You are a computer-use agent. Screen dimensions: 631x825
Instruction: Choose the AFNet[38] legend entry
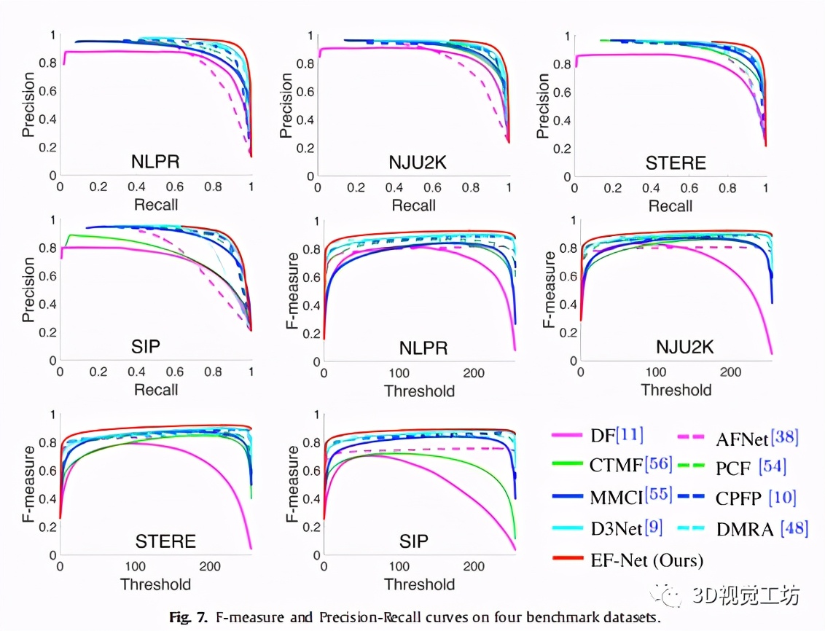click(x=756, y=437)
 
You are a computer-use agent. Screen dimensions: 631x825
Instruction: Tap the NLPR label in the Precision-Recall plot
click(x=155, y=162)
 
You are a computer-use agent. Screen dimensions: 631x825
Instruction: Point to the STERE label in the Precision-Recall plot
click(x=676, y=162)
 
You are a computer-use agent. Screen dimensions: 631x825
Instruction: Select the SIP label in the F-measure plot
click(x=413, y=541)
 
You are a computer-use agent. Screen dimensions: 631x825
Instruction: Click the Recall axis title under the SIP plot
click(x=155, y=391)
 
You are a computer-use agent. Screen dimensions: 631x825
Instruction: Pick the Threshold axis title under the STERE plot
click(x=155, y=584)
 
